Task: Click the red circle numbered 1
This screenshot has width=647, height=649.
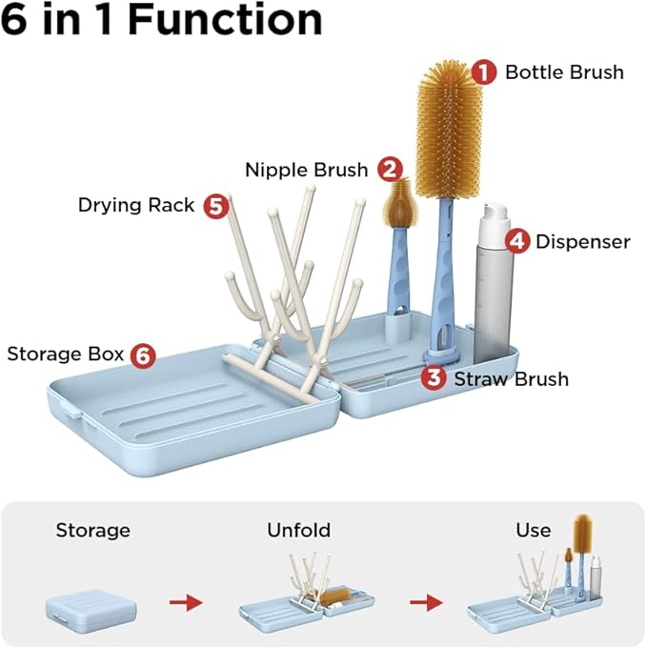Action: coord(485,71)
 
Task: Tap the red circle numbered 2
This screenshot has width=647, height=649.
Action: coord(388,170)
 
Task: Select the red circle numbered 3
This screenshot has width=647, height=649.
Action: coord(434,378)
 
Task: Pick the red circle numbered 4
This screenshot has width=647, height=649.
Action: coord(516,241)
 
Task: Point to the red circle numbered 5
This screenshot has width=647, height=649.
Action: coord(216,205)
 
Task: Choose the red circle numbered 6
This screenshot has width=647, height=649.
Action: coord(142,355)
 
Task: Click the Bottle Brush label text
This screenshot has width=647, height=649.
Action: coord(564,71)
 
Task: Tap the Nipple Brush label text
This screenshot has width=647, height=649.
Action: coord(306,170)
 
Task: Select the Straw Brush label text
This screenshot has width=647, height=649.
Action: coord(511,378)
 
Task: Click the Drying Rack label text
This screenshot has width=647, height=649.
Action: coord(136,205)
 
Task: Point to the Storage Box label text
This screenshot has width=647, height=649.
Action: coord(66,355)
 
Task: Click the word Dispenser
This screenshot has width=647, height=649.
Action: coord(582,241)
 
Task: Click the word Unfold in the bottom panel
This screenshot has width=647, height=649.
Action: coord(298,530)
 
